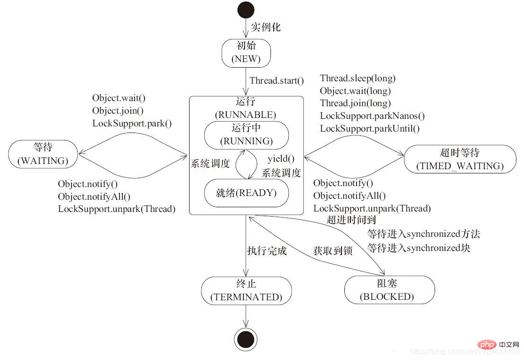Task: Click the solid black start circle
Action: coord(246,10)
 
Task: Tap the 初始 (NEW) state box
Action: coord(246,53)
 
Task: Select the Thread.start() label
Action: coord(277,81)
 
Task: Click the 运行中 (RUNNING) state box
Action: coord(246,135)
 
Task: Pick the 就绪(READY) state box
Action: coord(246,193)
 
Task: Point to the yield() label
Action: coord(281,159)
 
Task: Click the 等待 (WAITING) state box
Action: coord(43,154)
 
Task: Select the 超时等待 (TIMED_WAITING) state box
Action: coord(460,159)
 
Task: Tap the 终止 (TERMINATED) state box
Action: coord(246,290)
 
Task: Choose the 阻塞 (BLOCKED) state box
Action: coord(389,290)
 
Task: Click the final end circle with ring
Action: coord(246,339)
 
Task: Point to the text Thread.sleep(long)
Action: coord(357,78)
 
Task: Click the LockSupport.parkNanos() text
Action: coord(372,116)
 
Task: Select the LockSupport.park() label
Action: coord(132,124)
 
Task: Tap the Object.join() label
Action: coord(118,110)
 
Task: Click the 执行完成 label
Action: coord(267,251)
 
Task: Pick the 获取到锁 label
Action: coord(333,251)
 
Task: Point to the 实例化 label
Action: coord(266,27)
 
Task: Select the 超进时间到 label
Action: coord(351,220)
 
